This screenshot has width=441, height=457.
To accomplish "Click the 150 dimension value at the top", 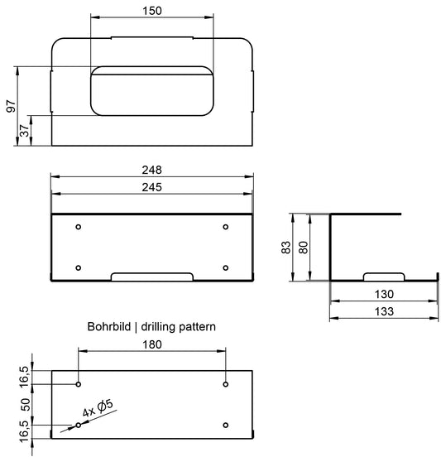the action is pos(152,11).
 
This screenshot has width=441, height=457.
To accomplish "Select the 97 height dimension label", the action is pos(11,106).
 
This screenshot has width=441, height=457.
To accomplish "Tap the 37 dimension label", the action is pos(25,130).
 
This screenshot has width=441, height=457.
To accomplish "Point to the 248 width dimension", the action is pos(151,170).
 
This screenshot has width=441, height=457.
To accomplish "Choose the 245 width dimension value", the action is pos(151,187).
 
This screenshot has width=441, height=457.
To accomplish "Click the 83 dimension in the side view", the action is pos(286,248).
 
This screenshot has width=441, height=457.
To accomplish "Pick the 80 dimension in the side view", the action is pos(303,248).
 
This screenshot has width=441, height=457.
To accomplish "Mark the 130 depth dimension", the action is pos(384,294).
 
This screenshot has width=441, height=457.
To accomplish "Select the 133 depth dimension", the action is pos(384,311).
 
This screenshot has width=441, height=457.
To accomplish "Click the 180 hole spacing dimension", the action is pos(152,344).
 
